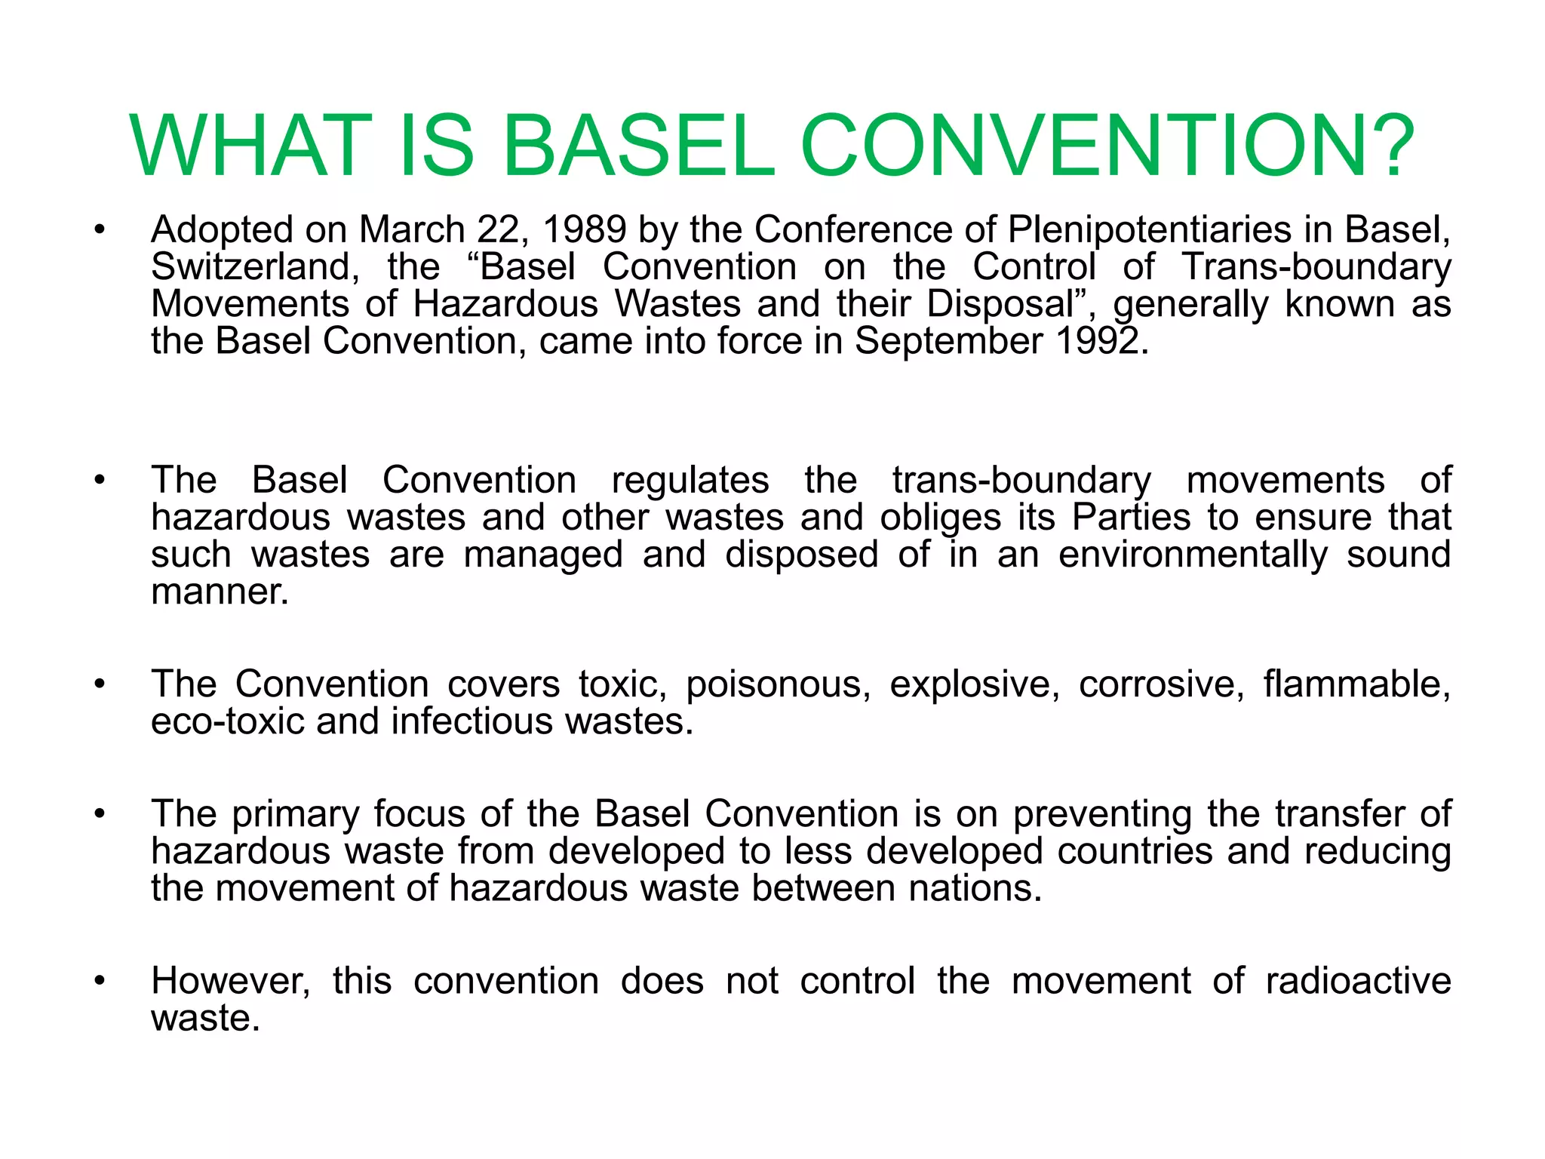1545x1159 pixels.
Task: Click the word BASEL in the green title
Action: [637, 145]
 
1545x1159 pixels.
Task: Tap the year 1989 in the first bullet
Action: [584, 229]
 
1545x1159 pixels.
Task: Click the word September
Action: [948, 341]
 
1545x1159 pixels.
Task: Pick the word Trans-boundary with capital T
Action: [1316, 266]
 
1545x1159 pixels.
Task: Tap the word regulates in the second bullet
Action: [690, 481]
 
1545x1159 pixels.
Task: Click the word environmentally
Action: [1193, 555]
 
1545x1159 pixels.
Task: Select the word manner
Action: [219, 592]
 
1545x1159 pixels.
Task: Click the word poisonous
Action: [778, 684]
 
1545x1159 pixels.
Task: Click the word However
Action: [231, 981]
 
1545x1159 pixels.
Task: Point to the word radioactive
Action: [1358, 981]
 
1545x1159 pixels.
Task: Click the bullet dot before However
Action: [99, 981]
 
